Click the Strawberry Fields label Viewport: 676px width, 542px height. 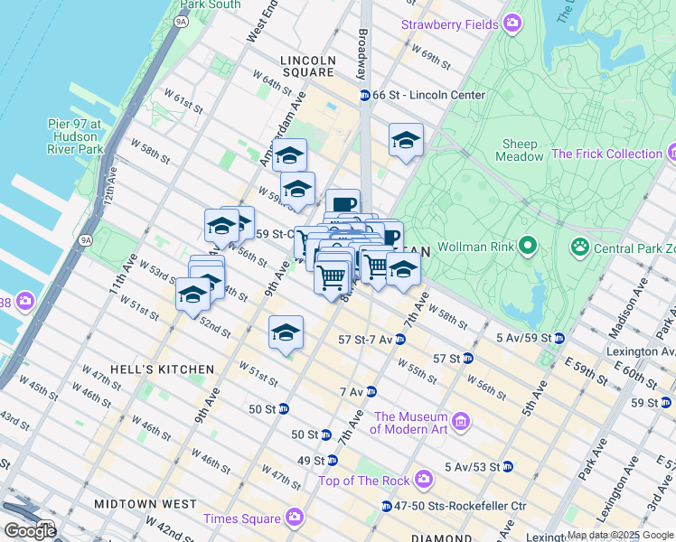pos(449,23)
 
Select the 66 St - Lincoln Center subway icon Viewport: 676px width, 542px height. pos(364,95)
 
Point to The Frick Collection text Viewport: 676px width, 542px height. pos(606,154)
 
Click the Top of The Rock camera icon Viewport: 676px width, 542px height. pos(423,480)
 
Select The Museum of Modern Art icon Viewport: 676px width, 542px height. pos(461,422)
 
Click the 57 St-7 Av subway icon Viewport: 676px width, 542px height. pos(400,340)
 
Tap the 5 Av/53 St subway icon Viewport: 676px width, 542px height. pos(508,467)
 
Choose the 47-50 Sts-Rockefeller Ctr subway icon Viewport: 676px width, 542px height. pos(387,506)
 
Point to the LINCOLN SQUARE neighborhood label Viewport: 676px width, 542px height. pos(307,66)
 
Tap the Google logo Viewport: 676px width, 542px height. pos(30,530)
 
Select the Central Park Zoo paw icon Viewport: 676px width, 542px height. pos(579,246)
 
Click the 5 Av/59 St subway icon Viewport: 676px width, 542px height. pos(559,339)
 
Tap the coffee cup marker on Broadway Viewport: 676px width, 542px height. pos(343,205)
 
